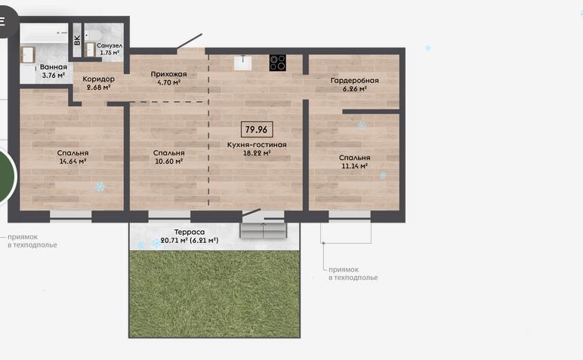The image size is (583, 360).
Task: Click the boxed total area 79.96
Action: (257, 129)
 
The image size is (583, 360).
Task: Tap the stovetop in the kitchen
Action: (278, 63)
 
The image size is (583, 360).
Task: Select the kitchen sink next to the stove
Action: (243, 63)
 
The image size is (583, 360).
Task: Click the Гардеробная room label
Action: (354, 80)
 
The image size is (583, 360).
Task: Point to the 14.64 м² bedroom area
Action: (72, 162)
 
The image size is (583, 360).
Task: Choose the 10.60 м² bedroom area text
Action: (168, 162)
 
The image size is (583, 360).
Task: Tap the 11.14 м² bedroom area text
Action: (354, 166)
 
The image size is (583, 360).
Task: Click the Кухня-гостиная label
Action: (257, 144)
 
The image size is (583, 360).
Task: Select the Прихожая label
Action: (168, 74)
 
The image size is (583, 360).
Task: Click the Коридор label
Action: (98, 79)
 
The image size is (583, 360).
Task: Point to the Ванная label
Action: (54, 67)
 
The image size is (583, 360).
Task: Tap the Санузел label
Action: (110, 45)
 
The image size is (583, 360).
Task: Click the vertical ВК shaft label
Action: (77, 40)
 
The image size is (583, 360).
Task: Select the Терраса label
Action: (190, 232)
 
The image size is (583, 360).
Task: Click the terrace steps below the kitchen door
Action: (264, 229)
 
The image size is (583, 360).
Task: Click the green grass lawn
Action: (214, 294)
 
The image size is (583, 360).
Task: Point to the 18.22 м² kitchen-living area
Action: (257, 152)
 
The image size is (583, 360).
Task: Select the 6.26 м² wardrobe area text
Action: (354, 89)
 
